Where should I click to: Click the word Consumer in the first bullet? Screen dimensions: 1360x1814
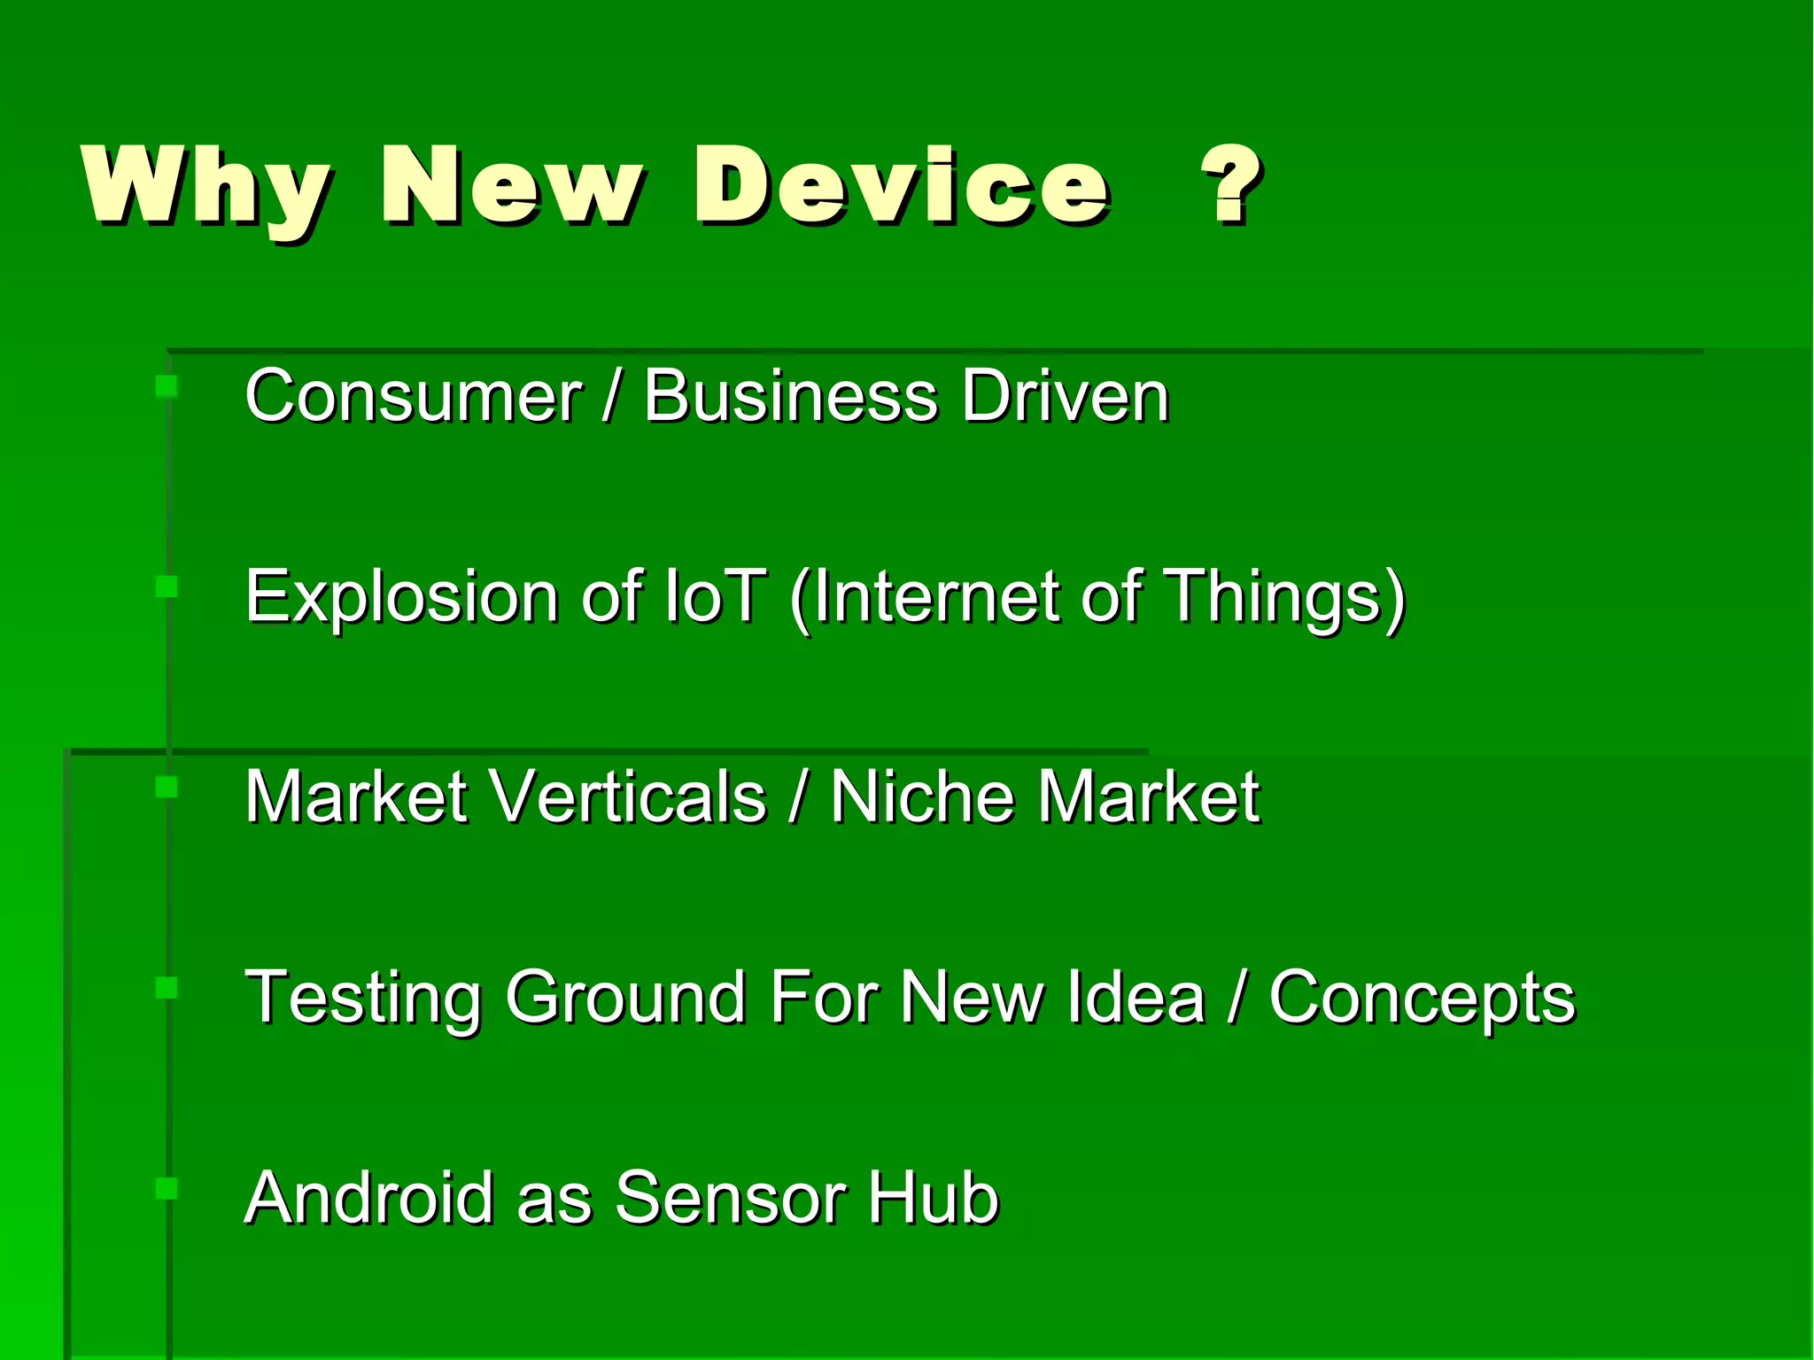click(413, 396)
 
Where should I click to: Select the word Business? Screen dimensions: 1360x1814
click(790, 396)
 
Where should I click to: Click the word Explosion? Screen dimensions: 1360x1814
click(401, 597)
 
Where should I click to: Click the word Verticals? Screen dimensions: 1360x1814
click(628, 797)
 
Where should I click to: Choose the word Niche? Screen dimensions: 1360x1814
click(921, 797)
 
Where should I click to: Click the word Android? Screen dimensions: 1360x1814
click(368, 1198)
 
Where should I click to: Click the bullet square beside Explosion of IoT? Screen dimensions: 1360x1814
click(166, 587)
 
